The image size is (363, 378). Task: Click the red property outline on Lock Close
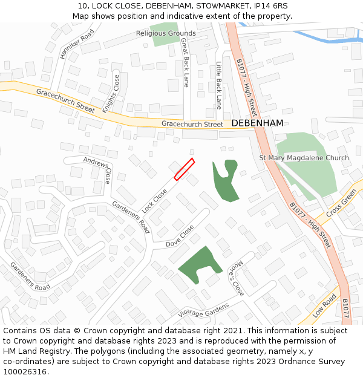[x=184, y=169]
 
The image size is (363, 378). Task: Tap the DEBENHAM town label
[x=257, y=123]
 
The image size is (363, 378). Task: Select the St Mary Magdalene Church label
[x=304, y=158]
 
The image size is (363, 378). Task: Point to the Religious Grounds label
[x=166, y=33]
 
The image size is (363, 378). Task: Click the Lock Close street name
[x=155, y=200]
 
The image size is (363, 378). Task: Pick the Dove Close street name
[x=180, y=236]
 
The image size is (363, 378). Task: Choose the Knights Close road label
[x=111, y=94]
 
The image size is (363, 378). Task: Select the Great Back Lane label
[x=186, y=62]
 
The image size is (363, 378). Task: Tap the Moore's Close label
[x=235, y=281]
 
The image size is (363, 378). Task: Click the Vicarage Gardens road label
[x=204, y=310]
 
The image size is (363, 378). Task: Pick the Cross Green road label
[x=341, y=204]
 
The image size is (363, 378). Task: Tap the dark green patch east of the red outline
[x=225, y=181]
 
